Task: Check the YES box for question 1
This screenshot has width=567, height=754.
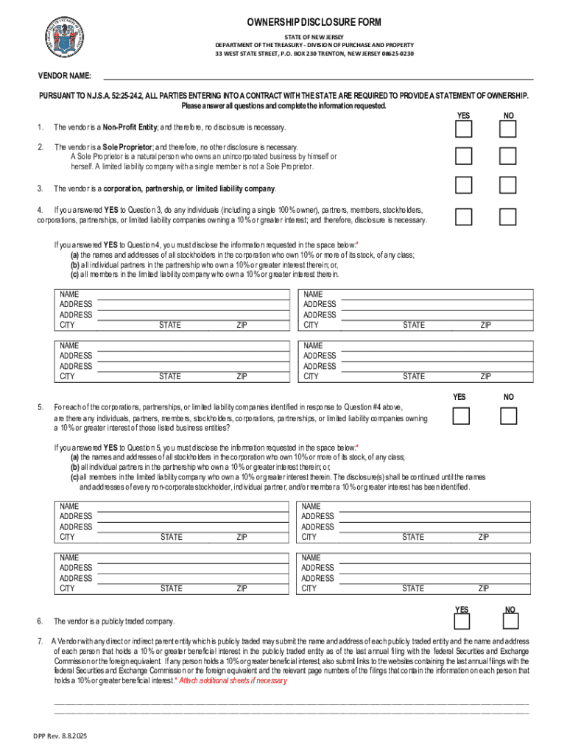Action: point(463,130)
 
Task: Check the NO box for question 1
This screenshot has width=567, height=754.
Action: point(507,130)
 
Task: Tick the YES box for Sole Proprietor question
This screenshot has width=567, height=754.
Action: point(463,156)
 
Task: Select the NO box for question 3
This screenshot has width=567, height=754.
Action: point(507,186)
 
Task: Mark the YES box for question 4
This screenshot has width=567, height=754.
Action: point(463,216)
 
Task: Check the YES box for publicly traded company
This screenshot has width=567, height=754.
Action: point(462,621)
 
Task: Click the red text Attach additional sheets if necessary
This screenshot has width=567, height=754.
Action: point(233,681)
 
